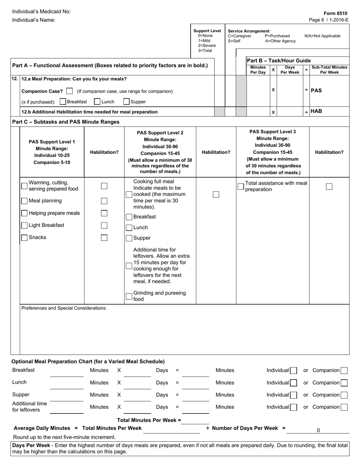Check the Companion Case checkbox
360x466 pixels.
[69, 91]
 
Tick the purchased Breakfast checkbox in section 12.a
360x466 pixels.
[63, 102]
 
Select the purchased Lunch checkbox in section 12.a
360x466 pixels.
[97, 102]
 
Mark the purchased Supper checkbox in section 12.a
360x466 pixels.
[127, 102]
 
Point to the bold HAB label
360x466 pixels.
[316, 111]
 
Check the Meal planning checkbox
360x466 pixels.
[25, 201]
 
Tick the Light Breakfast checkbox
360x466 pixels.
[25, 225]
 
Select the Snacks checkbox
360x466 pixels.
[25, 238]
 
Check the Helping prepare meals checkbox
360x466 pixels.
[25, 213]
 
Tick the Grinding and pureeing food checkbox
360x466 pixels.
[129, 296]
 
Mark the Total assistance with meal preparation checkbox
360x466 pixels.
[241, 186]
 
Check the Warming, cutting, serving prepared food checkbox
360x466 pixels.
[25, 186]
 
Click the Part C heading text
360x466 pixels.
[66, 122]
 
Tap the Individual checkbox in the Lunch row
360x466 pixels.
[293, 383]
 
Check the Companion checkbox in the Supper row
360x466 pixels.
[344, 395]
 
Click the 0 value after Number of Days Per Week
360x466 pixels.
[318, 430]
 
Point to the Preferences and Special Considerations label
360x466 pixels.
[64, 308]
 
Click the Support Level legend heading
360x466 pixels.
[207, 31]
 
